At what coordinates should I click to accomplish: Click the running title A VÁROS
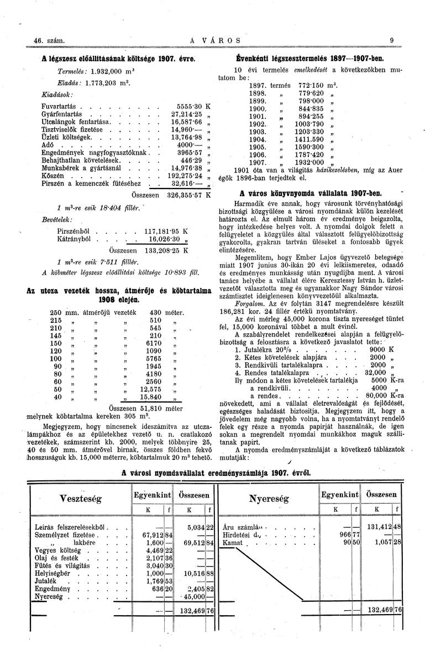[212, 40]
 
